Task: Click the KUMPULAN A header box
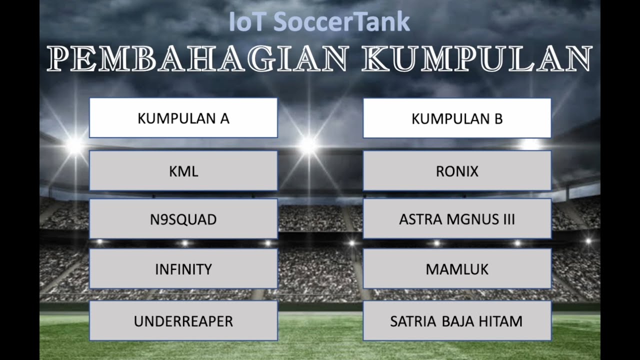pyautogui.click(x=183, y=118)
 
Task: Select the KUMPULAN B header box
pyautogui.click(x=457, y=118)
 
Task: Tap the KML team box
pyautogui.click(x=183, y=171)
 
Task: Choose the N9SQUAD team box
pyautogui.click(x=183, y=219)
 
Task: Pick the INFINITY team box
pyautogui.click(x=183, y=269)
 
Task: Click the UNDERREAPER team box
pyautogui.click(x=183, y=320)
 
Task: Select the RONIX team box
pyautogui.click(x=457, y=171)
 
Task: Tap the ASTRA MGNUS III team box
pyautogui.click(x=457, y=219)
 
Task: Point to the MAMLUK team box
pyautogui.click(x=457, y=269)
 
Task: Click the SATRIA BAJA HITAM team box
pyautogui.click(x=457, y=320)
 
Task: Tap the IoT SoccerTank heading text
pyautogui.click(x=319, y=22)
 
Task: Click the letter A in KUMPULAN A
pyautogui.click(x=224, y=119)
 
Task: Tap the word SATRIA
pyautogui.click(x=413, y=321)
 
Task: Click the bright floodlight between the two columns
pyautogui.click(x=308, y=145)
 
